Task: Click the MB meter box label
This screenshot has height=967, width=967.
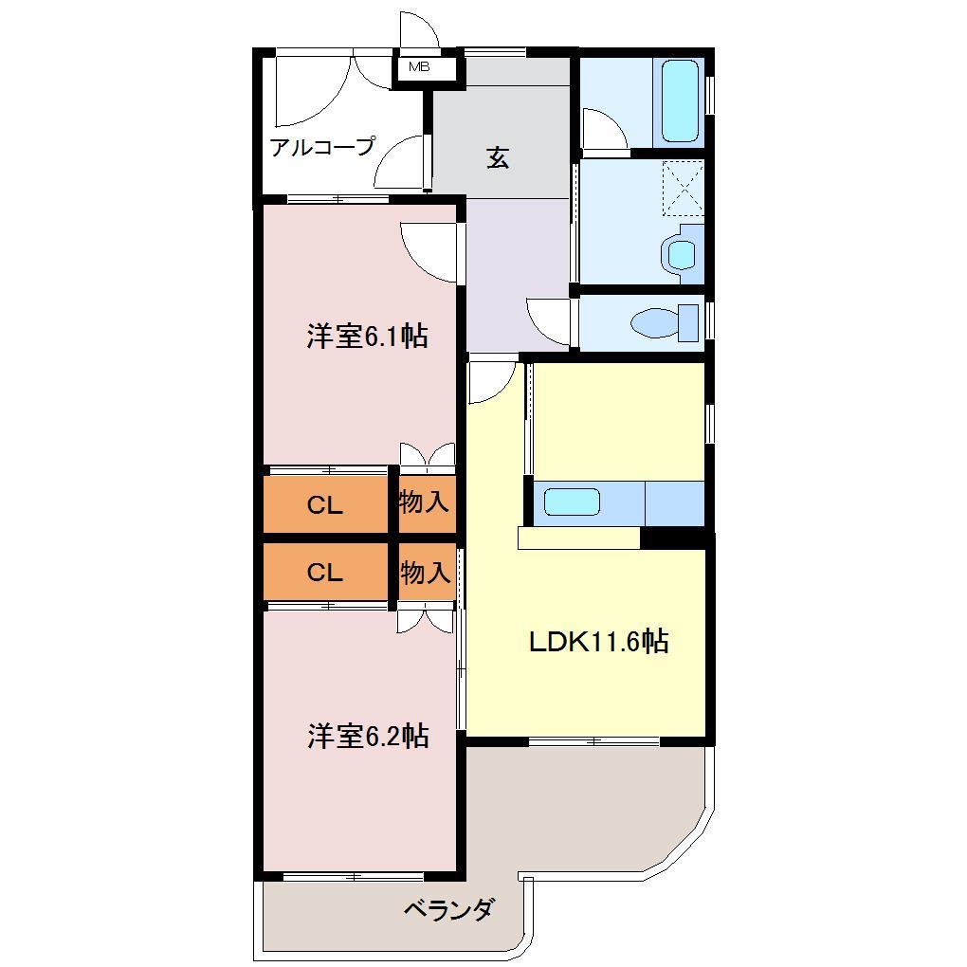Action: (419, 67)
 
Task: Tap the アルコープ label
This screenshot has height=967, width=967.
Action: (322, 147)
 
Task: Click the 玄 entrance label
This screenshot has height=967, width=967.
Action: (498, 157)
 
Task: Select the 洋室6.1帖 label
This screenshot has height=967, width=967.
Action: (366, 337)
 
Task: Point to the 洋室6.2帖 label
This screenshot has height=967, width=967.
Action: (367, 736)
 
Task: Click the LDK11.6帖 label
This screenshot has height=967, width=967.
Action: (598, 642)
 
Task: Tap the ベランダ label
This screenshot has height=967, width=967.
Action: (448, 911)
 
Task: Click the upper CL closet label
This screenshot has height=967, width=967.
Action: (324, 505)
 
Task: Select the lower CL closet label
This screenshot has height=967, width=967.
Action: (324, 573)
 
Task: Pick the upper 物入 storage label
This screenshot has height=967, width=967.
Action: (424, 502)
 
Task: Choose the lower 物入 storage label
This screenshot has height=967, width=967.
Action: (425, 573)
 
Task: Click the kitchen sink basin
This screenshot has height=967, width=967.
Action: (573, 503)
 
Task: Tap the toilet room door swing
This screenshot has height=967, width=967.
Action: (548, 322)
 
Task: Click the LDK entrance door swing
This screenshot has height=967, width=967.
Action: (491, 382)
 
